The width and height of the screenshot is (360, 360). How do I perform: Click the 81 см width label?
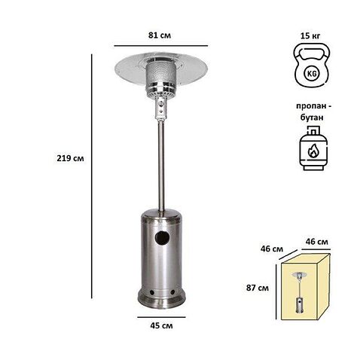[160, 35]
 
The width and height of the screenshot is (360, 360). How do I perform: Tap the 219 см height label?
[70, 158]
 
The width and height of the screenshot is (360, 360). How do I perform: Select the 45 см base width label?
[161, 325]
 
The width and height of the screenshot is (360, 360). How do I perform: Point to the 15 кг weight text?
[310, 35]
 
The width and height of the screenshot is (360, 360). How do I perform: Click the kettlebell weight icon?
[312, 66]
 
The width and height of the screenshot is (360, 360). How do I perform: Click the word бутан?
[312, 117]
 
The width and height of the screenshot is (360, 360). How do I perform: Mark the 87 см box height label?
[258, 288]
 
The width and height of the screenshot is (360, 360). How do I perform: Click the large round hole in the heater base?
[162, 238]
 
